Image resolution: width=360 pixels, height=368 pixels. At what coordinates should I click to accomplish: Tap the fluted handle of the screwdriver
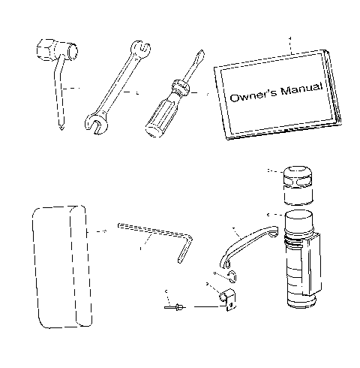click(x=156, y=116)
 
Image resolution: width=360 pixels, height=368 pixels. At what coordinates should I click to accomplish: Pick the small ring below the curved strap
click(x=231, y=275)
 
